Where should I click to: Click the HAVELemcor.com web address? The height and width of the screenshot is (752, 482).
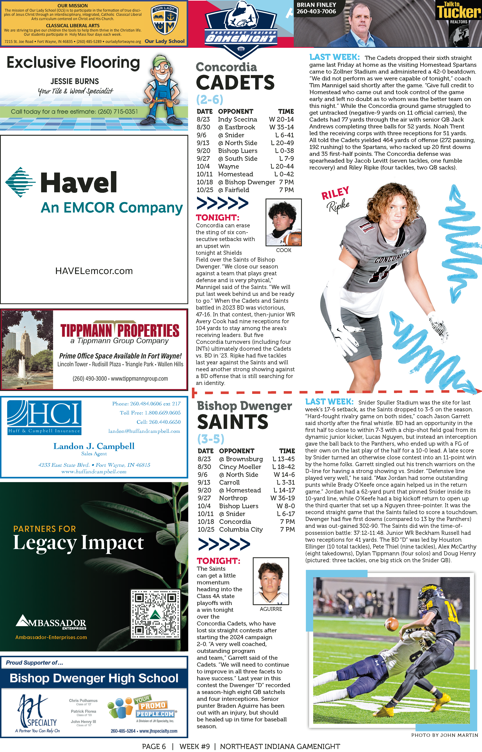[94, 271]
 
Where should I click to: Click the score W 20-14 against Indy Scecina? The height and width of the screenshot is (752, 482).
[281, 119]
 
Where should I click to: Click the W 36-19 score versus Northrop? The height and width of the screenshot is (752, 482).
[282, 498]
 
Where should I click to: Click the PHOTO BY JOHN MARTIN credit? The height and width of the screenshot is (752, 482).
[444, 735]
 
